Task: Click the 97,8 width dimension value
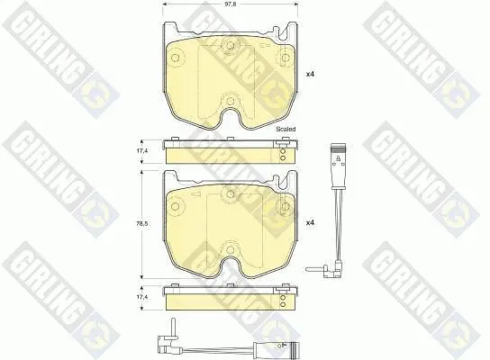pyautogui.click(x=231, y=5)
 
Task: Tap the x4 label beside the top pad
pyautogui.click(x=310, y=75)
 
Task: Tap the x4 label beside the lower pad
pyautogui.click(x=310, y=222)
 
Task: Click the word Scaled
pyautogui.click(x=286, y=129)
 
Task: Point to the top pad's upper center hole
pyautogui.click(x=231, y=46)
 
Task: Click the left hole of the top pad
pyautogui.click(x=176, y=58)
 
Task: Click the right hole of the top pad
pyautogui.click(x=285, y=58)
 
